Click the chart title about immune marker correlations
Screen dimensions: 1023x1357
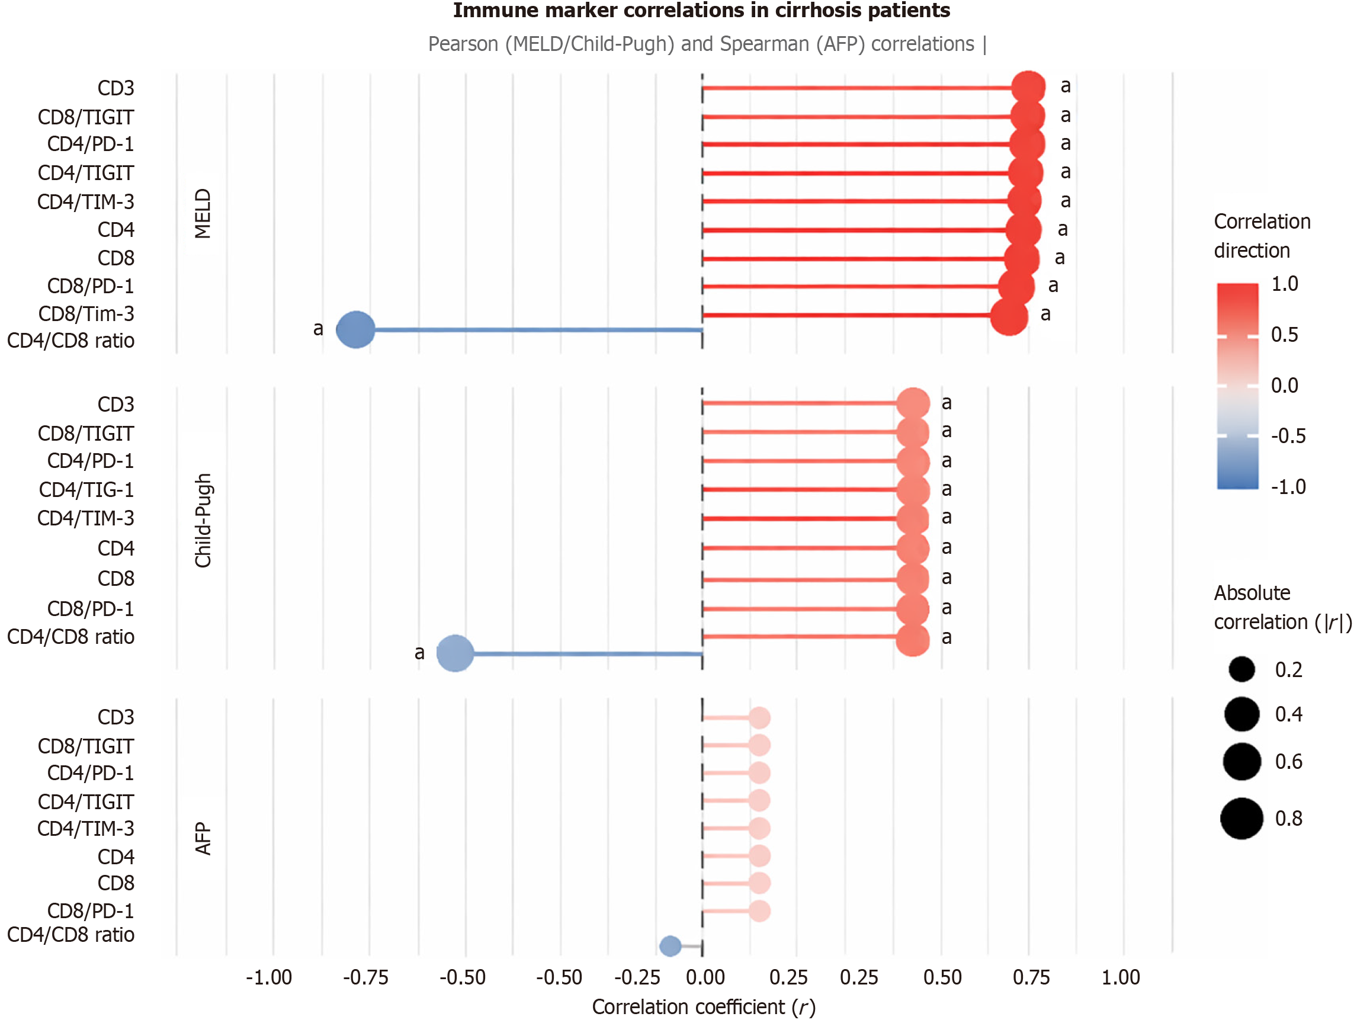pos(701,11)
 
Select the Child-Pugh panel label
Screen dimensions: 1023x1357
pos(203,521)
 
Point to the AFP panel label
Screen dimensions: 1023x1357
pos(203,838)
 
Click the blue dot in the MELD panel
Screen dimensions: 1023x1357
pos(356,329)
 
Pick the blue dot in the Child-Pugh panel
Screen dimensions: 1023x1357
pos(455,653)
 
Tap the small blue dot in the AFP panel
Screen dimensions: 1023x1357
pos(670,945)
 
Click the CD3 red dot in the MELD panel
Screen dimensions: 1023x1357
pos(1028,88)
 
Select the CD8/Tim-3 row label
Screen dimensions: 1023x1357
pos(86,314)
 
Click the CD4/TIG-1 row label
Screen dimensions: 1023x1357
pos(86,490)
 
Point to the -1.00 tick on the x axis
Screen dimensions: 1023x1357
pos(269,977)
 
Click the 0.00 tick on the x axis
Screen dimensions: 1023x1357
pos(705,977)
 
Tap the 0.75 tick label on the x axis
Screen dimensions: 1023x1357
pos(1031,977)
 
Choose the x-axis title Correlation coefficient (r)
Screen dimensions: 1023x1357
pos(704,1007)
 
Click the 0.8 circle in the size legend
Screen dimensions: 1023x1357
pos(1241,818)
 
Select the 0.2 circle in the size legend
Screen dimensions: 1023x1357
pos(1241,669)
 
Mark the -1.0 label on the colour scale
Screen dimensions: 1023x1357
pos(1288,487)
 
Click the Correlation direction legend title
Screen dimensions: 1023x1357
pos(1261,236)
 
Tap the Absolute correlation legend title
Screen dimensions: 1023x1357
pos(1282,608)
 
